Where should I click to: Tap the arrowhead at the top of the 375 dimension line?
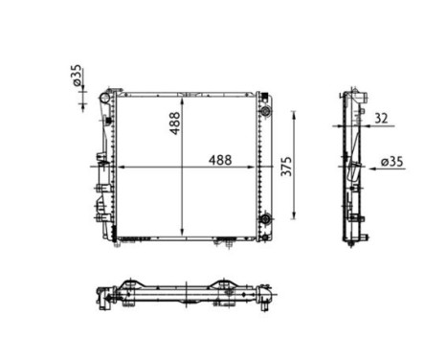tap(293, 114)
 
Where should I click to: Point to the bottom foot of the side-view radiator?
tap(356, 236)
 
